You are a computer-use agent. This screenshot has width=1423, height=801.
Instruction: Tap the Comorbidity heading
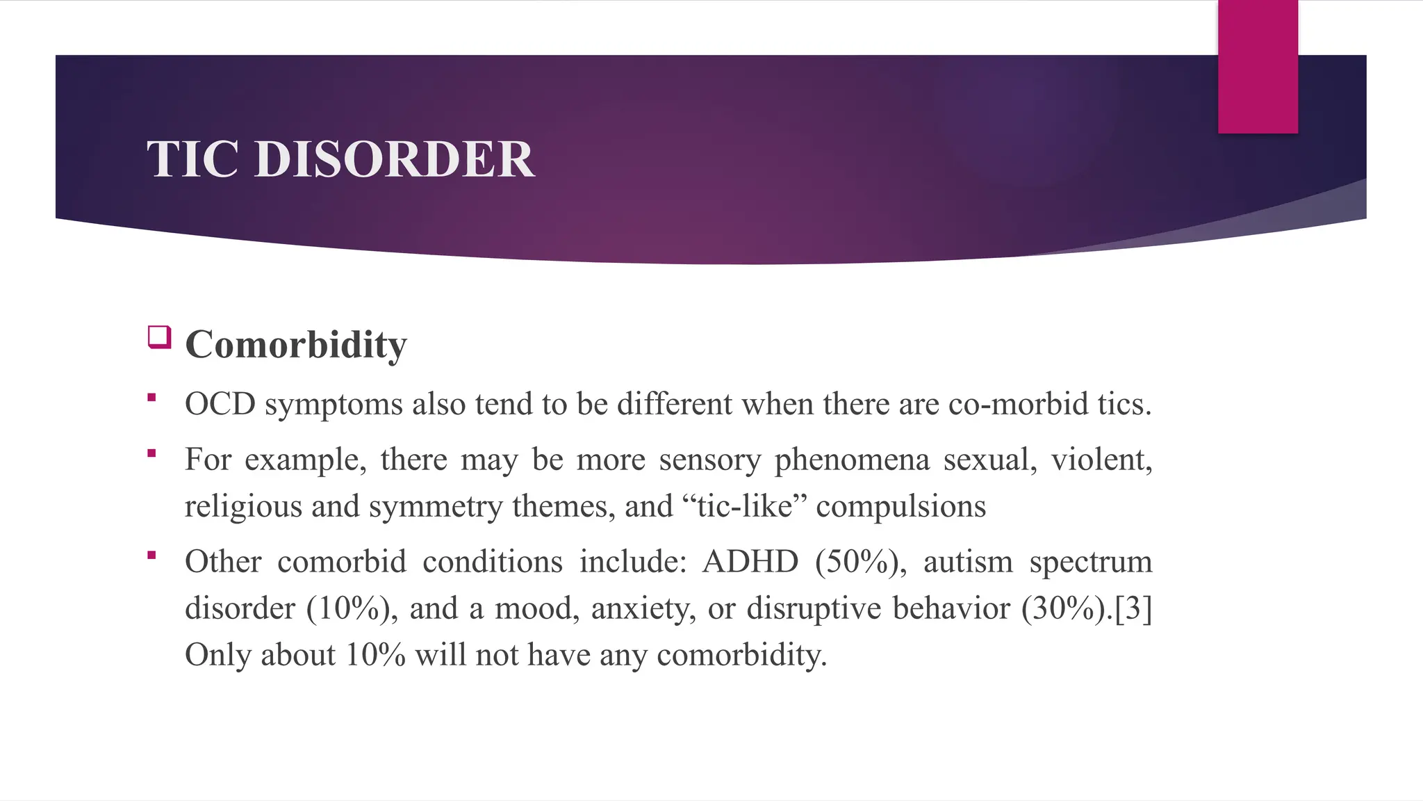coord(296,344)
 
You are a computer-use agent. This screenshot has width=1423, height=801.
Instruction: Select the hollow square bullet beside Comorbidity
coord(159,337)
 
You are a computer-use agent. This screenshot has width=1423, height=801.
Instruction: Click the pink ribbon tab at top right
coord(1258,67)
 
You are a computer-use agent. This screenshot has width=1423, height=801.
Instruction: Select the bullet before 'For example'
coord(151,454)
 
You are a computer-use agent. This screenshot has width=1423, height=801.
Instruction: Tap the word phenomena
coord(852,460)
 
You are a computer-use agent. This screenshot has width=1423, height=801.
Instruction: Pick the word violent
coord(1101,460)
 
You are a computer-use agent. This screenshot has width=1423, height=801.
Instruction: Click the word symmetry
coord(436,506)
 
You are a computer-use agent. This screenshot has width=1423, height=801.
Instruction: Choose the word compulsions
coord(900,506)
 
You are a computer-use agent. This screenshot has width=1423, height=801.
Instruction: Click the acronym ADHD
coord(750,562)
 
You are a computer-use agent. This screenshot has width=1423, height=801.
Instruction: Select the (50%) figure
coord(861,562)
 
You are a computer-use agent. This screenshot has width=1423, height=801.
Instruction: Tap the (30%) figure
coord(1067,608)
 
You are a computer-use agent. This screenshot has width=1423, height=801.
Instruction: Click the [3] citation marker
coord(1133,608)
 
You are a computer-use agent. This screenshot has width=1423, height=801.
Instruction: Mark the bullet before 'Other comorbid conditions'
coord(151,556)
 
